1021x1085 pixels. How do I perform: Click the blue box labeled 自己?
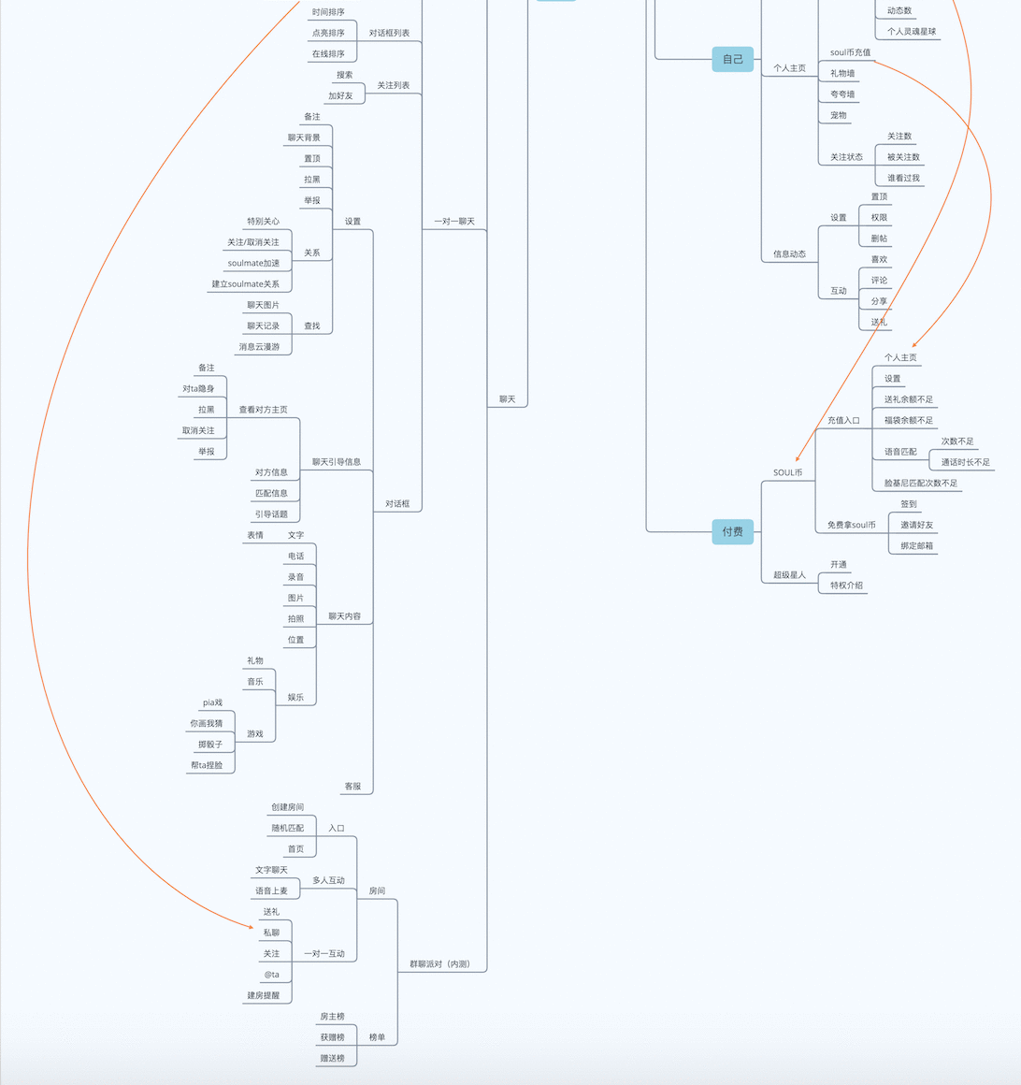732,60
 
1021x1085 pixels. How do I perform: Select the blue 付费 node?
732,531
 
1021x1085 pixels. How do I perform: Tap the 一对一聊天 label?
454,222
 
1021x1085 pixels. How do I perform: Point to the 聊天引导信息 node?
337,461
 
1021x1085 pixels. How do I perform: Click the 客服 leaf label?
352,786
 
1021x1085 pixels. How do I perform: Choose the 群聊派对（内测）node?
440,964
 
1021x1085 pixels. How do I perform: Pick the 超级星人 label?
789,574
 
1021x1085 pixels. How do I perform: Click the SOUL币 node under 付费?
788,472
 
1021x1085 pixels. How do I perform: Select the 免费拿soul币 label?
852,525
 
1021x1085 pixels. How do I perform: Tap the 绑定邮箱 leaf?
916,545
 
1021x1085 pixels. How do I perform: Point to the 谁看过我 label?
903,178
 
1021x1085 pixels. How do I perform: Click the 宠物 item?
839,115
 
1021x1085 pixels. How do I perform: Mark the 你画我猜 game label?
206,723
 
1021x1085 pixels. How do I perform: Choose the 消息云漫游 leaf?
259,347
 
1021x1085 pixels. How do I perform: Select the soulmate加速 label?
254,263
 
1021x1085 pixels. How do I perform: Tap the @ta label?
272,975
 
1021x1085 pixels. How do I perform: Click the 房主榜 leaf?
332,1017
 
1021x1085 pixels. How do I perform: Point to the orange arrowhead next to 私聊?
252,927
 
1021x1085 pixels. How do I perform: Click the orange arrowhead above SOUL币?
798,458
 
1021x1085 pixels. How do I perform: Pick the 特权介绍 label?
847,586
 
